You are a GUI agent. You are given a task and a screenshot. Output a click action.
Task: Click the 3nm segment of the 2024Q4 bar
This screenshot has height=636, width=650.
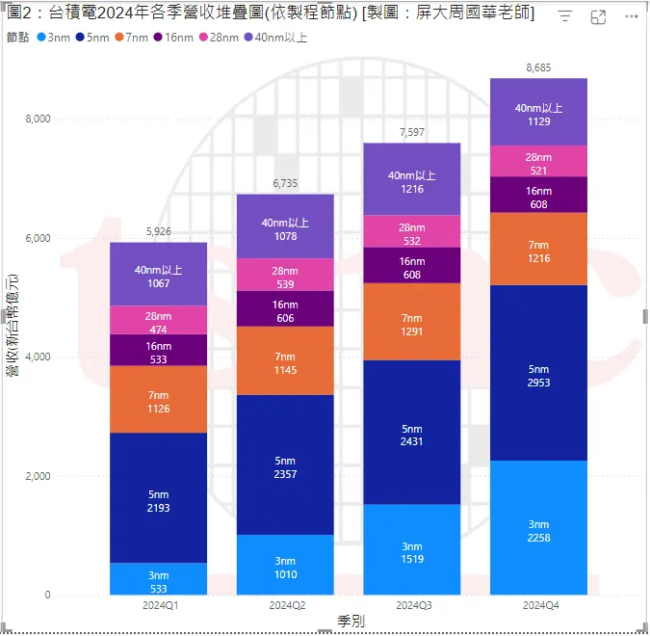(x=538, y=528)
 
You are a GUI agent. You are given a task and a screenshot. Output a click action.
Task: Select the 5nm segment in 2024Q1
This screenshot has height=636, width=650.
(x=158, y=498)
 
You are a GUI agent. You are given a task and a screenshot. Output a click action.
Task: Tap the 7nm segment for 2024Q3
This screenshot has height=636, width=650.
(x=411, y=323)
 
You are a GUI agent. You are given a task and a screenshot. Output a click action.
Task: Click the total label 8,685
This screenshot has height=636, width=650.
(x=538, y=67)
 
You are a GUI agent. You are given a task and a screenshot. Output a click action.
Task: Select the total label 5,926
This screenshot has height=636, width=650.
(x=158, y=231)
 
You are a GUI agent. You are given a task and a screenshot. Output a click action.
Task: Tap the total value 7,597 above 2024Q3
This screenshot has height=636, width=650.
(x=411, y=132)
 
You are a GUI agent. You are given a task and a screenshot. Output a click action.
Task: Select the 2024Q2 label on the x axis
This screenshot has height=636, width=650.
(x=285, y=605)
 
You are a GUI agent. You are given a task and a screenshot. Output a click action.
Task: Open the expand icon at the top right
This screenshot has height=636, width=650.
(x=598, y=17)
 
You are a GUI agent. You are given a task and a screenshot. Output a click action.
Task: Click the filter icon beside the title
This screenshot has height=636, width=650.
(x=565, y=17)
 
